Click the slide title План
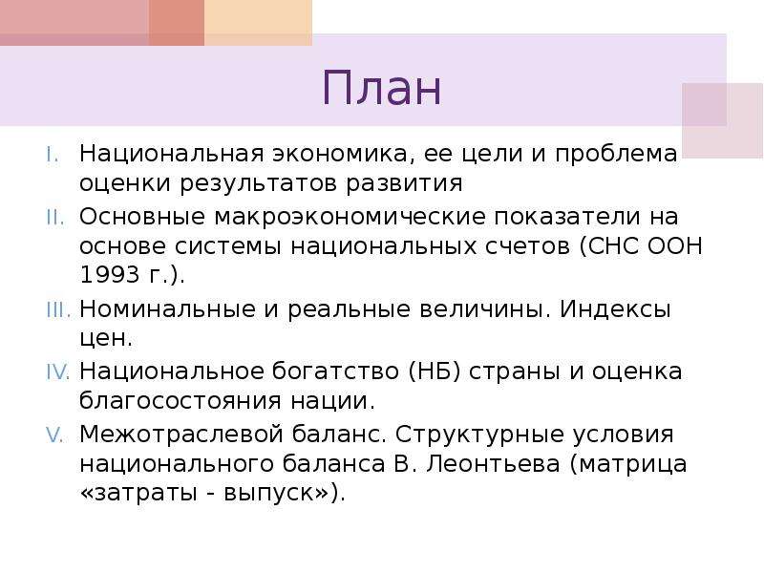(x=381, y=88)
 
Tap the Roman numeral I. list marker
(x=53, y=155)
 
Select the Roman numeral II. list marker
(x=55, y=218)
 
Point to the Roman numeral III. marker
(x=58, y=309)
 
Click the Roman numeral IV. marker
(x=58, y=371)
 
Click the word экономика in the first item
(x=344, y=155)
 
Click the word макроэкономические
(x=350, y=218)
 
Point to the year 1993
(x=109, y=275)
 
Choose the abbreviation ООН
(x=674, y=246)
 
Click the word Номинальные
(x=167, y=309)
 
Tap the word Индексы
(x=615, y=309)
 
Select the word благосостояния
(x=180, y=401)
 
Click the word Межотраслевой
(x=181, y=435)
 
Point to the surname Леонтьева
(x=493, y=463)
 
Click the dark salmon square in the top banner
(x=177, y=23)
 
